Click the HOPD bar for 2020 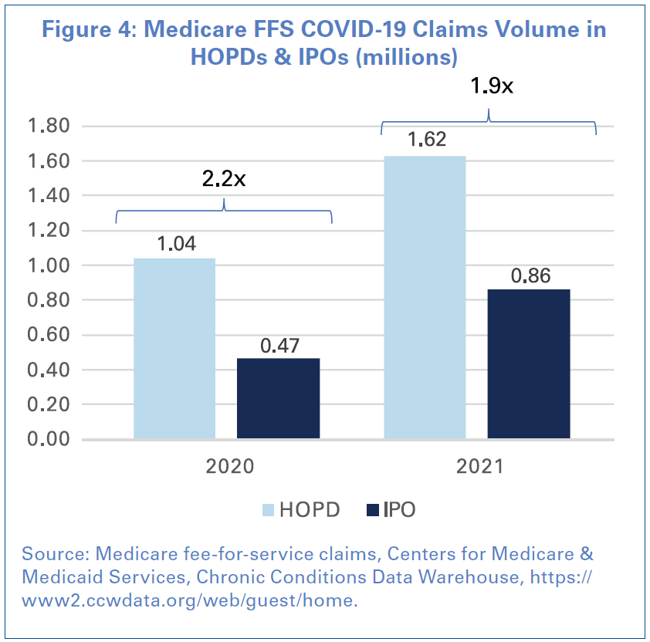[174, 349]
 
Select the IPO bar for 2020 [278, 398]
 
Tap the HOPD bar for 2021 [425, 298]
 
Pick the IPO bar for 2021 [528, 364]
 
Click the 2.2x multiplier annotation [224, 179]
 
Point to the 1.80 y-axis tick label [49, 126]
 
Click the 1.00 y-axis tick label [49, 265]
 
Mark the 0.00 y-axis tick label [49, 439]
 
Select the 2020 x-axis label [229, 467]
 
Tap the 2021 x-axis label [479, 467]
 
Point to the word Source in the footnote [49, 554]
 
